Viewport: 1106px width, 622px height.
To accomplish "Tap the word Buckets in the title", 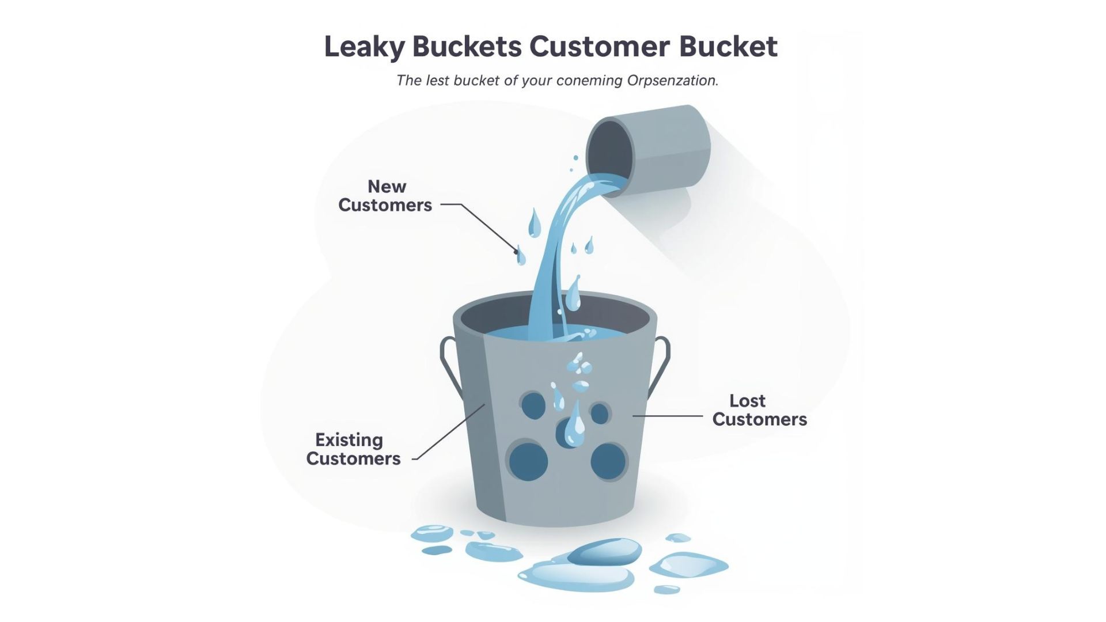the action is pyautogui.click(x=467, y=46).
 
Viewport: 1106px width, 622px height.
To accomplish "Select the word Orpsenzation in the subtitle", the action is pyautogui.click(x=673, y=81).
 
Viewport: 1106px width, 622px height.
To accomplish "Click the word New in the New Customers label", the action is pyautogui.click(x=387, y=187).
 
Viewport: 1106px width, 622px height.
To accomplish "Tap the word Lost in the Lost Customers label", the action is pyautogui.click(x=748, y=401).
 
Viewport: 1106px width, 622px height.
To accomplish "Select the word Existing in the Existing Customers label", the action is pyautogui.click(x=349, y=440).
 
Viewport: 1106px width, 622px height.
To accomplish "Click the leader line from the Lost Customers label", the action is pyautogui.click(x=668, y=416).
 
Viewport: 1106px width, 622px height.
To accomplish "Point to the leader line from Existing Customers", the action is pyautogui.click(x=449, y=432).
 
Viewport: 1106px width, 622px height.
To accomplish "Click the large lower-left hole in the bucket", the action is pyautogui.click(x=528, y=461).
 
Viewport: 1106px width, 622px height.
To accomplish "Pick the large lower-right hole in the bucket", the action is pyautogui.click(x=608, y=461).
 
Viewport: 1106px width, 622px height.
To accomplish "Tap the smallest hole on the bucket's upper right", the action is pyautogui.click(x=600, y=414).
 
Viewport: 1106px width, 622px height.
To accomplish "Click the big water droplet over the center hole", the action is pyautogui.click(x=574, y=424).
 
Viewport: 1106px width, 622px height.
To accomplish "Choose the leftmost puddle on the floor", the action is pyautogui.click(x=432, y=533).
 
